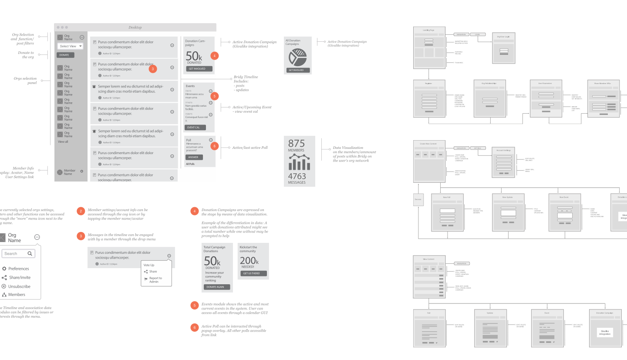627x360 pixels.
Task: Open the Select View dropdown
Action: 71,46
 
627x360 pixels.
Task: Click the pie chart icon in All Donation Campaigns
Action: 298,57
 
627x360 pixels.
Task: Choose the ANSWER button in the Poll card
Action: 194,157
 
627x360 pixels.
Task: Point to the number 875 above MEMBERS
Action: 297,144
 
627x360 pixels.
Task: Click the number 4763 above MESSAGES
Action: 297,176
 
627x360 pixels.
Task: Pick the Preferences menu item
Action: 19,269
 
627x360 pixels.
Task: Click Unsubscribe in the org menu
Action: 19,286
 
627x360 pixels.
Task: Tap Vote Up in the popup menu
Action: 149,265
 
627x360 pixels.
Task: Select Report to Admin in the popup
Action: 155,280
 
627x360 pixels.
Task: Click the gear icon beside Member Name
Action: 81,172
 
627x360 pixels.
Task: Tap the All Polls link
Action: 190,164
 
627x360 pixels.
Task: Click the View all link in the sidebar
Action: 63,141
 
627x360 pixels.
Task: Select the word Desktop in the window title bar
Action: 135,27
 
